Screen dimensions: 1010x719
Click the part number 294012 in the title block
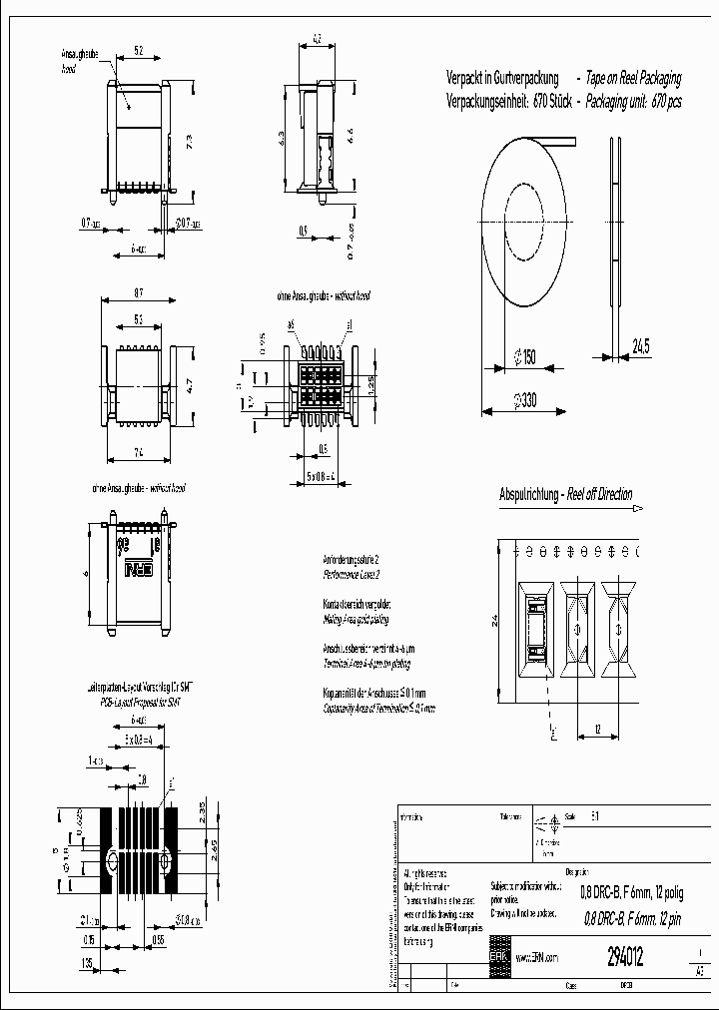pyautogui.click(x=625, y=956)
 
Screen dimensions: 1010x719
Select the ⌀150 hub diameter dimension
pyautogui.click(x=523, y=356)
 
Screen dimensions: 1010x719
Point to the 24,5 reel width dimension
pyautogui.click(x=641, y=346)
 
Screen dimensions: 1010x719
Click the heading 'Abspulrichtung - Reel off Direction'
pyautogui.click(x=565, y=494)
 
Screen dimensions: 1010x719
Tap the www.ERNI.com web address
pyautogui.click(x=536, y=957)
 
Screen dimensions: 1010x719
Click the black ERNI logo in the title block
pyautogui.click(x=499, y=951)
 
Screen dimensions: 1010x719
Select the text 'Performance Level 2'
pyautogui.click(x=352, y=576)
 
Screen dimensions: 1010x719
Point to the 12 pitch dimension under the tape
pyautogui.click(x=597, y=730)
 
